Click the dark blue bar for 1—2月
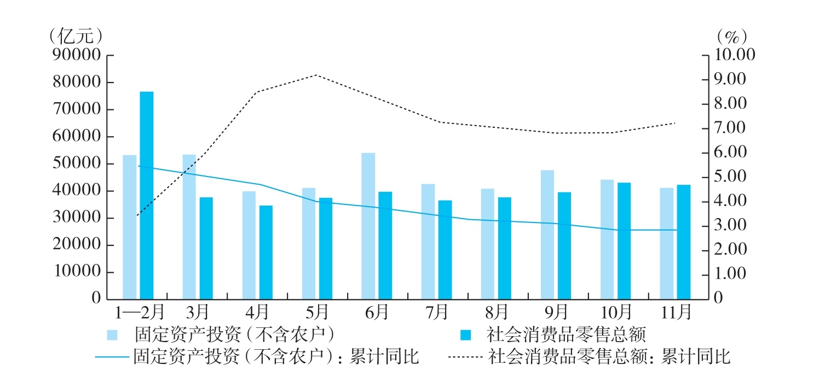pyautogui.click(x=147, y=196)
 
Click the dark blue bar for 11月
pyautogui.click(x=684, y=242)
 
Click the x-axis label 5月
pyautogui.click(x=317, y=313)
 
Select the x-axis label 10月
pyautogui.click(x=616, y=313)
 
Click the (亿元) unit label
pyautogui.click(x=76, y=36)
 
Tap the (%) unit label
pyautogui.click(x=731, y=36)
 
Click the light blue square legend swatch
pyautogui.click(x=112, y=334)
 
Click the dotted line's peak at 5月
pyautogui.click(x=317, y=75)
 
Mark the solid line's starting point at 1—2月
pyautogui.click(x=138, y=166)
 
